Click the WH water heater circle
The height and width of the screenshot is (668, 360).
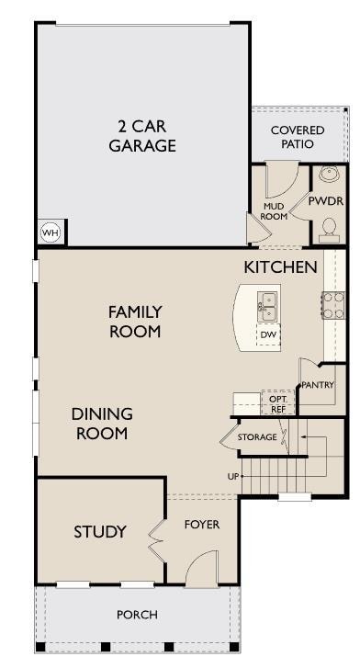coord(51,232)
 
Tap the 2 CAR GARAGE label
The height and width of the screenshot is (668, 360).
coord(142,136)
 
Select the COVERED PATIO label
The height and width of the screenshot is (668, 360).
coord(298,137)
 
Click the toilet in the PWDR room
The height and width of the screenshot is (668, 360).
coord(329,226)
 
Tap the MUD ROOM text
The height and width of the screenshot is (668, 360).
coord(274,211)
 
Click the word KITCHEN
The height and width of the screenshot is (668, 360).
coord(280,267)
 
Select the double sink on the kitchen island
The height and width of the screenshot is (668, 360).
coord(268,307)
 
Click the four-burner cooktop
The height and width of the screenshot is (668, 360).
coord(333,305)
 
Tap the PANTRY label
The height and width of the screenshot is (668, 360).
coord(318,385)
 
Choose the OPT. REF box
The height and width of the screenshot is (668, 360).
coord(277,403)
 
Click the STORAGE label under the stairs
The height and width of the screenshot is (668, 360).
coord(257,437)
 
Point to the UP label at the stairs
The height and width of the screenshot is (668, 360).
coord(233,477)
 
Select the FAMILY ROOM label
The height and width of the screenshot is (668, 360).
coord(135,322)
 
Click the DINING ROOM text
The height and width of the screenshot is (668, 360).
coord(102,424)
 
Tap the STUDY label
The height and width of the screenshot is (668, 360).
coord(100,531)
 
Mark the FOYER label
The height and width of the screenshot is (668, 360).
coord(202,525)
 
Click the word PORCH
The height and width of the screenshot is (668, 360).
coord(137,615)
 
